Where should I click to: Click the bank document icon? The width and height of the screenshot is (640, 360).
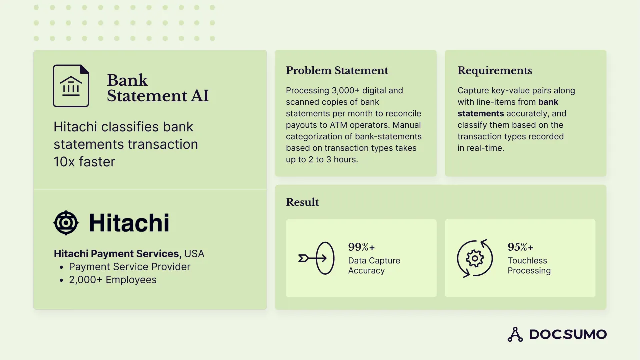71,86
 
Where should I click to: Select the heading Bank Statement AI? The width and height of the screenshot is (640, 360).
158,88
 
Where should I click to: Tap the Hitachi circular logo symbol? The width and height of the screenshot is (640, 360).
66,223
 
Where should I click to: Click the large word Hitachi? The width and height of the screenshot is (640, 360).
129,223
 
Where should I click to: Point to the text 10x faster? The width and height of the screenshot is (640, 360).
84,162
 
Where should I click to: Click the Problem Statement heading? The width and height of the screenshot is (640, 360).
337,71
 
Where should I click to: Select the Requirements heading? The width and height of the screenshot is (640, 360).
495,71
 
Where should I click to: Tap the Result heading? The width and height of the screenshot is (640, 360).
302,202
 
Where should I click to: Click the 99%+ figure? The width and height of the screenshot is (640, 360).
361,247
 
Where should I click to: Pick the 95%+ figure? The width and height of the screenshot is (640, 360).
521,247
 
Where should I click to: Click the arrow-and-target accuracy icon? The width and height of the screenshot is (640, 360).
316,258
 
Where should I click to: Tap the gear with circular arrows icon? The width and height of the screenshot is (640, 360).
474,258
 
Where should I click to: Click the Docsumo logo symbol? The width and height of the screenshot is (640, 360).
515,334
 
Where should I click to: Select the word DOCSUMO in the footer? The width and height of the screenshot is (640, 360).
568,334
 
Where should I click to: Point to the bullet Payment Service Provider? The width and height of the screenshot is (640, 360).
130,267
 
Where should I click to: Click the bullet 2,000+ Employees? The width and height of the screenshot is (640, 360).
113,280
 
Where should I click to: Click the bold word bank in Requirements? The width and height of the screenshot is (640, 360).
548,102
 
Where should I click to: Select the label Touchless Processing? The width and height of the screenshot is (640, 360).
529,266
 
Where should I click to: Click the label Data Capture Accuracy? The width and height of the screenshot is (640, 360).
374,266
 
